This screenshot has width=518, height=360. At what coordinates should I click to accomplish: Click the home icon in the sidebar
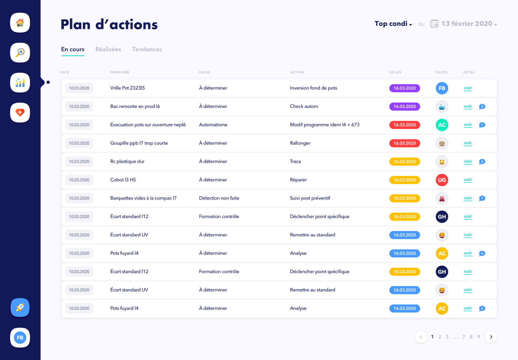click(x=20, y=23)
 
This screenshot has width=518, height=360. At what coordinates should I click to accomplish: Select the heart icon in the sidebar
click(x=20, y=112)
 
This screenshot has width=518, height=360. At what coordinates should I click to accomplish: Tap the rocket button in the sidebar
click(x=20, y=307)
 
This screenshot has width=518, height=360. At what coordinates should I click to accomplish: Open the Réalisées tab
click(x=108, y=49)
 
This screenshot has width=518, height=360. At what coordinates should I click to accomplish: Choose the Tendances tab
click(x=147, y=49)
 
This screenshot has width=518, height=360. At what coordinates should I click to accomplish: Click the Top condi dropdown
click(x=393, y=24)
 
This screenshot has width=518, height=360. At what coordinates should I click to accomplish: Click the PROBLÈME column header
click(x=120, y=72)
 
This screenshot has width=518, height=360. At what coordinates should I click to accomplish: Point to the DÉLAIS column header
click(x=395, y=72)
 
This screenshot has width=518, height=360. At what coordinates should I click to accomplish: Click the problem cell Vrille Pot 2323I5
click(x=127, y=88)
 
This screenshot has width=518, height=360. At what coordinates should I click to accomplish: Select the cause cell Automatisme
click(x=213, y=125)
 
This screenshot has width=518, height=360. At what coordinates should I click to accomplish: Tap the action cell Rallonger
click(x=300, y=143)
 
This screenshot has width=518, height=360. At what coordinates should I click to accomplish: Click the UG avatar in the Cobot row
click(x=442, y=180)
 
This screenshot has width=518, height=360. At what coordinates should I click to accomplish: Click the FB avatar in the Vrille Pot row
click(x=442, y=88)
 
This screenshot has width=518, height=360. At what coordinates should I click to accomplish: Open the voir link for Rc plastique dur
click(x=468, y=161)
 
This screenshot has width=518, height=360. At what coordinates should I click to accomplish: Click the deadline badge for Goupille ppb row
click(x=405, y=143)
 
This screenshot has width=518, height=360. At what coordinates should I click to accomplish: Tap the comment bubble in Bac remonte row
click(x=482, y=106)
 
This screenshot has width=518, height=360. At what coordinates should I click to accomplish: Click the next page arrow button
click(x=491, y=337)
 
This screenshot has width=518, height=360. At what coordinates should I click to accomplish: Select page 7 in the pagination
click(x=464, y=337)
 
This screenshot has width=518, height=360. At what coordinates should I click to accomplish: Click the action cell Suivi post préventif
click(x=310, y=198)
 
